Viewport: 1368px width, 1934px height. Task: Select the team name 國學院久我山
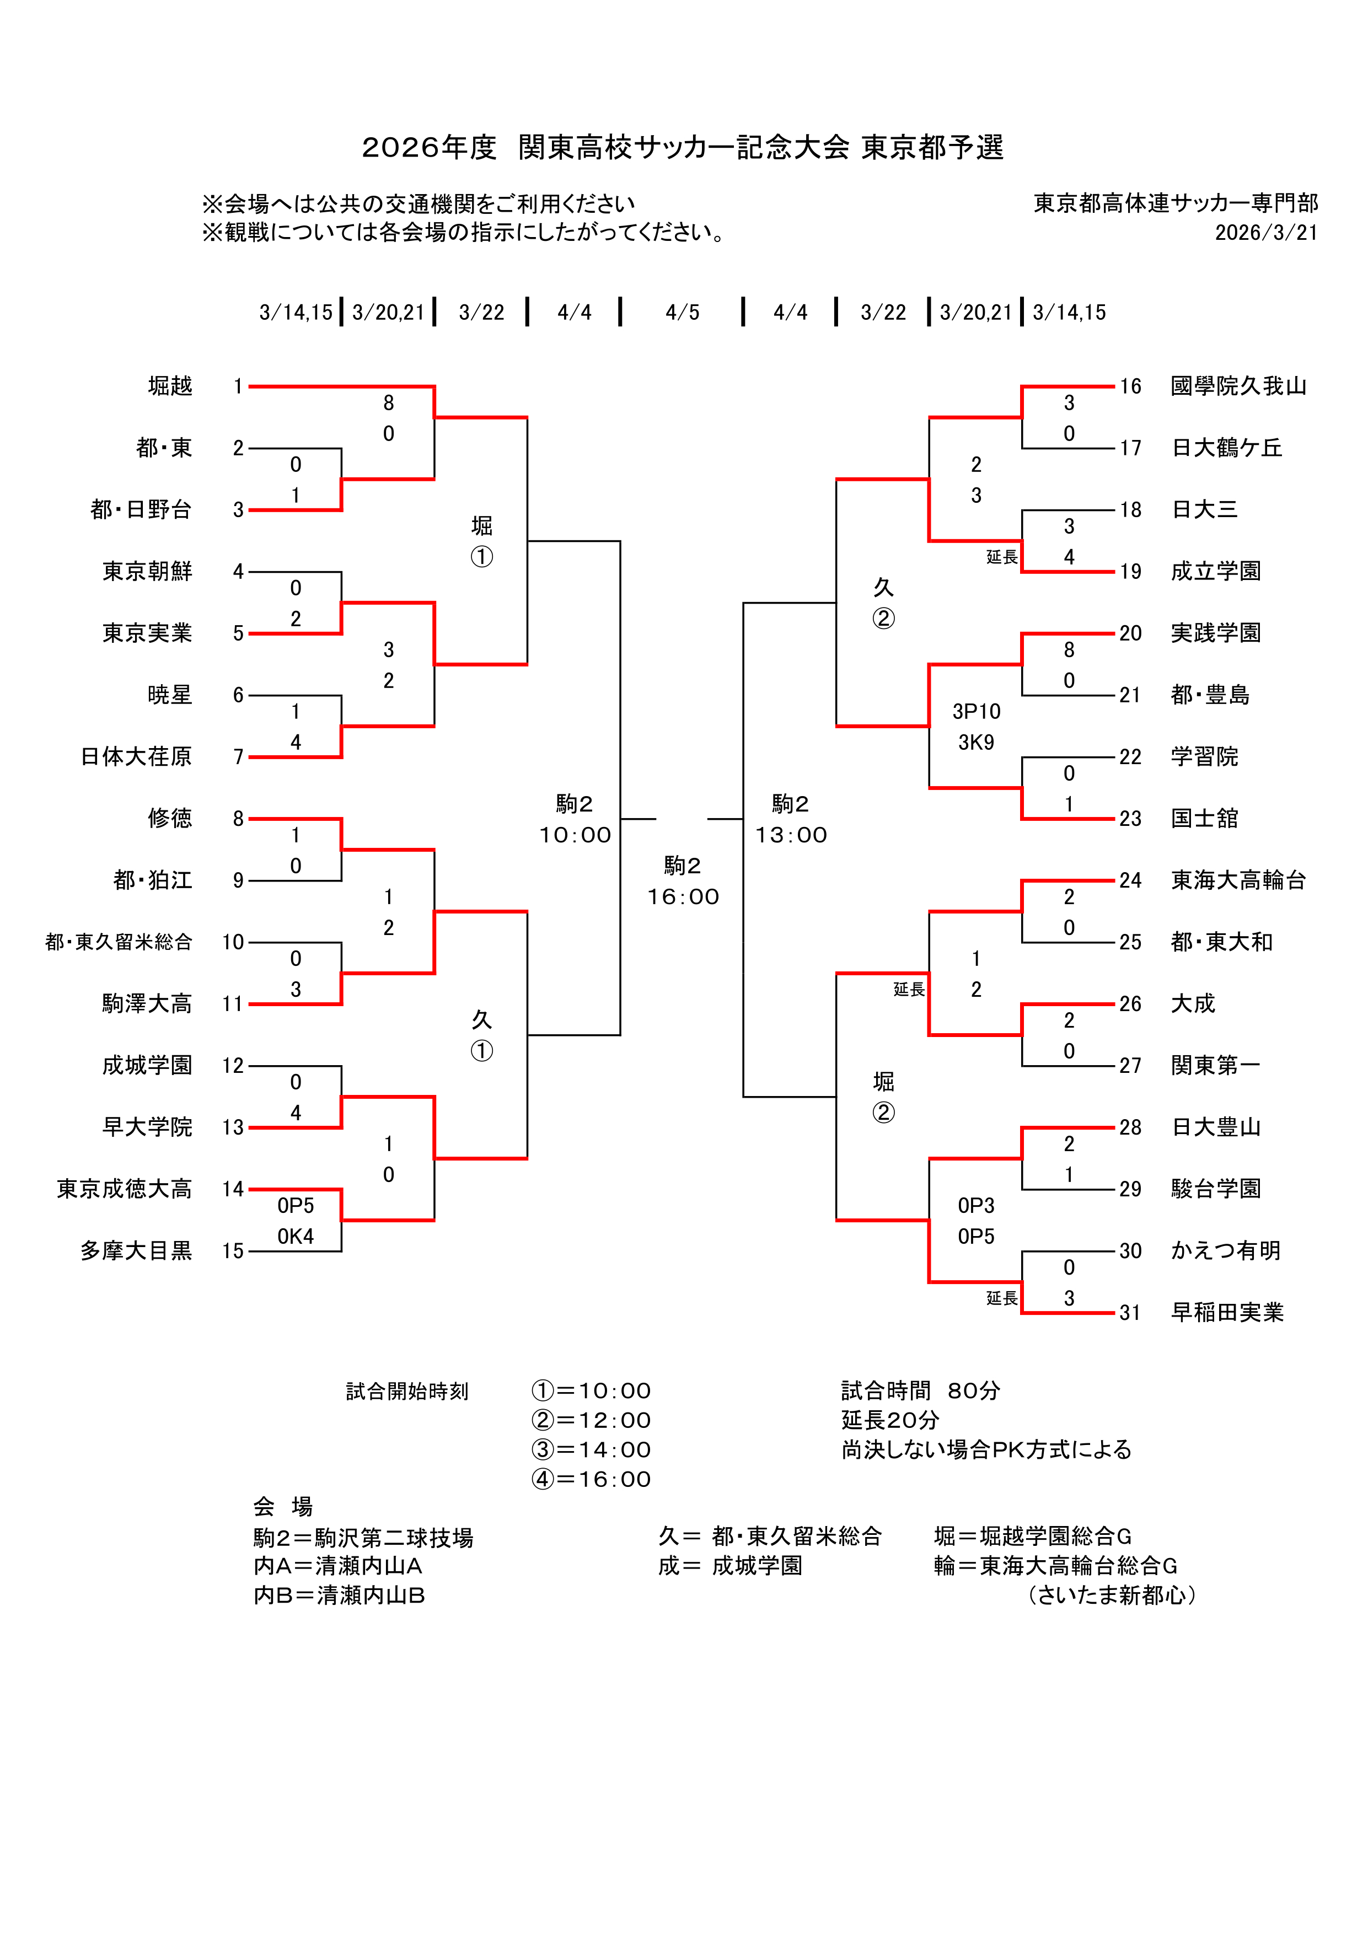pyautogui.click(x=1238, y=386)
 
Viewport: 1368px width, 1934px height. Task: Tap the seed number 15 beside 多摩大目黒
pyautogui.click(x=233, y=1251)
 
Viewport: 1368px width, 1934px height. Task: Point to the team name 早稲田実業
pyautogui.click(x=1227, y=1312)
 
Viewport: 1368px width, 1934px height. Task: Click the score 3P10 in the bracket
pyautogui.click(x=977, y=712)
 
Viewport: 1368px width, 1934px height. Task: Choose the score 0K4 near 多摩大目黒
pyautogui.click(x=296, y=1237)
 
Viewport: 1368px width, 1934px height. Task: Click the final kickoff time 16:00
pyautogui.click(x=683, y=897)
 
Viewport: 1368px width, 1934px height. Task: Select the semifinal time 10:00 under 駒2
pyautogui.click(x=575, y=836)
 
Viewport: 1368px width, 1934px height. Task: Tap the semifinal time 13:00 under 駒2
pyautogui.click(x=791, y=836)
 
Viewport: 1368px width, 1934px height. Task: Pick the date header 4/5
pyautogui.click(x=682, y=313)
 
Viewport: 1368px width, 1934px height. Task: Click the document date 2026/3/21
pyautogui.click(x=1266, y=233)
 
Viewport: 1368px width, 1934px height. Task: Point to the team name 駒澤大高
pyautogui.click(x=147, y=1003)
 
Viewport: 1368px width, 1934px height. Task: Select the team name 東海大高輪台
pyautogui.click(x=1238, y=880)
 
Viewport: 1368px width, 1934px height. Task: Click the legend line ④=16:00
pyautogui.click(x=591, y=1479)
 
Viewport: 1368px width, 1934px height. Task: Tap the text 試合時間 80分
pyautogui.click(x=921, y=1391)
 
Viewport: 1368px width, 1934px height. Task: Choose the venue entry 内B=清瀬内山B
pyautogui.click(x=340, y=1595)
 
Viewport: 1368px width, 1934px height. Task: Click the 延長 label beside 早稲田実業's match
pyautogui.click(x=1001, y=1298)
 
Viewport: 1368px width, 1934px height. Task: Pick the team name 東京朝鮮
pyautogui.click(x=147, y=571)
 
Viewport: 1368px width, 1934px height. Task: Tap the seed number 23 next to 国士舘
pyautogui.click(x=1130, y=819)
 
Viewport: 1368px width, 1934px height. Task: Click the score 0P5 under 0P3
pyautogui.click(x=977, y=1237)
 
